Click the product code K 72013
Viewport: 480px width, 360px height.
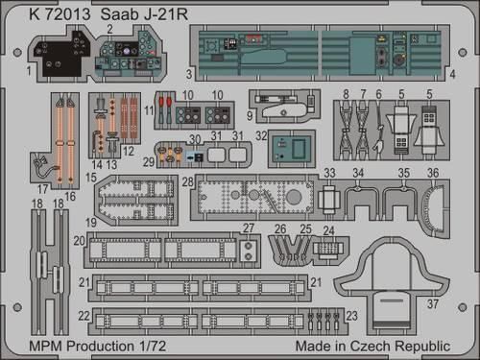pyautogui.click(x=45, y=12)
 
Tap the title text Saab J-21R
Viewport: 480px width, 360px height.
pyautogui.click(x=133, y=12)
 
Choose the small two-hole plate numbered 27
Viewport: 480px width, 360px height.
pyautogui.click(x=249, y=252)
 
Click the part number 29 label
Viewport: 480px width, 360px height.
pyautogui.click(x=149, y=164)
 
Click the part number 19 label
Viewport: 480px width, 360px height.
pyautogui.click(x=88, y=222)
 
